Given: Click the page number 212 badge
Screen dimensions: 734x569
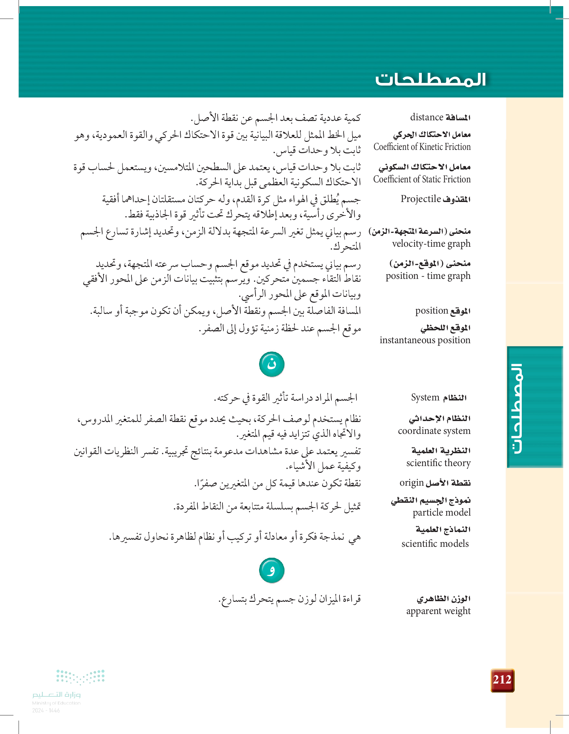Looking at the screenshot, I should (x=502, y=680).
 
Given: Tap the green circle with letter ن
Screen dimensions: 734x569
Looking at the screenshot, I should (x=272, y=364).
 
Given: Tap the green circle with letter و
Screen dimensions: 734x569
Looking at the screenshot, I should (x=272, y=570).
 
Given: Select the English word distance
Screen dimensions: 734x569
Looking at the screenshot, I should (x=427, y=117).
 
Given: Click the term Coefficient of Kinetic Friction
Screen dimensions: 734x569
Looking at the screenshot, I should (x=422, y=147).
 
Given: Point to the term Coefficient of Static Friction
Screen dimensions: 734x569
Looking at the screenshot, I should (x=422, y=179).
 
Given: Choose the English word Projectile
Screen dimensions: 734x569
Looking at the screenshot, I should (x=420, y=199).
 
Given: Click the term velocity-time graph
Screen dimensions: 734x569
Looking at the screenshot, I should (x=431, y=244).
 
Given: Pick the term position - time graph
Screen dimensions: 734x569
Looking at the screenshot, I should (x=428, y=276).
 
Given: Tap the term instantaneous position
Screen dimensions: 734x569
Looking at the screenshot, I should (x=425, y=340).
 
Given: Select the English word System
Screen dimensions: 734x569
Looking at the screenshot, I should (x=425, y=398).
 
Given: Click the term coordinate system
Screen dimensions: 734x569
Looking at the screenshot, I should (x=434, y=431).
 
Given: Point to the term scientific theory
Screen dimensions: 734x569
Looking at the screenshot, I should (x=438, y=463).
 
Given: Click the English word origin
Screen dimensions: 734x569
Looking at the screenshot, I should (x=411, y=483).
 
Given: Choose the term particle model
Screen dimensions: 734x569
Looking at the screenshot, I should (x=441, y=512).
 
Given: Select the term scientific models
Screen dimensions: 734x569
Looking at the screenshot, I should (x=435, y=544).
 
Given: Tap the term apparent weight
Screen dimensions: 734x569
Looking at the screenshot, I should (x=438, y=611).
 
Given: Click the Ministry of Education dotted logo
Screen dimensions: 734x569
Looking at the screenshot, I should (x=80, y=676).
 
